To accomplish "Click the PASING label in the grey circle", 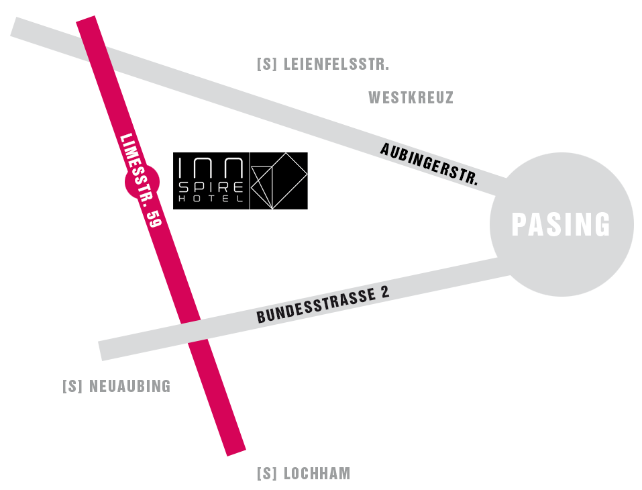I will tap(561, 225).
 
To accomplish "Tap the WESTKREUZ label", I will tap(411, 98).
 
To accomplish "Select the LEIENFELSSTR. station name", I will tap(336, 65).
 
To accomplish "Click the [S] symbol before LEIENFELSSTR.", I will tap(267, 65).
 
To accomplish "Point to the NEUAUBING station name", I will tap(129, 387).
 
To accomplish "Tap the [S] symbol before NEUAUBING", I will tap(72, 387).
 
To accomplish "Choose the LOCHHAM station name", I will tap(317, 474).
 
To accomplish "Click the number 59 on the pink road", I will tap(154, 218).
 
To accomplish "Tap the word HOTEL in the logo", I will tap(211, 199).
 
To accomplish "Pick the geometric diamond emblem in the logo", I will tap(279, 180).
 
